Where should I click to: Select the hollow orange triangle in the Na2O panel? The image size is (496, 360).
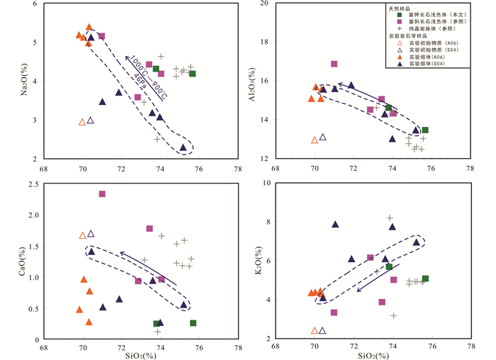(82, 122)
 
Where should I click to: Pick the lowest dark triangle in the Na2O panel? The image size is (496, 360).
(183, 147)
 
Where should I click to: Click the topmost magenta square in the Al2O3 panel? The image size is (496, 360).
(334, 64)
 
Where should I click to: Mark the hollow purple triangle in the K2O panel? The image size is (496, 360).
(322, 330)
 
